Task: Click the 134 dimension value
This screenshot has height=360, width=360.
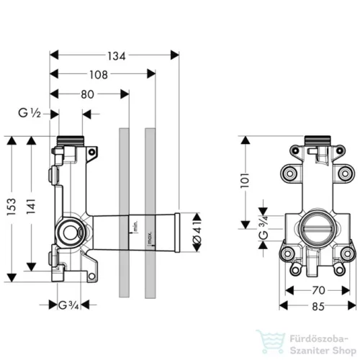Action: [117, 56]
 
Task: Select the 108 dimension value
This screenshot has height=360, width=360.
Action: [99, 75]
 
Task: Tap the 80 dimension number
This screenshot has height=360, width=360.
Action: [87, 94]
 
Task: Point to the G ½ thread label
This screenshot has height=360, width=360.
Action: [30, 113]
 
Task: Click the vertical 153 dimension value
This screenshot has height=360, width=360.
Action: [12, 207]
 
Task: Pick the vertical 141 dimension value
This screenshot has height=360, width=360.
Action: [31, 207]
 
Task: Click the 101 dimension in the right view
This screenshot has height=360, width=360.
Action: [246, 180]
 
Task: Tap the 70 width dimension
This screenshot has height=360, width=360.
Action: [318, 291]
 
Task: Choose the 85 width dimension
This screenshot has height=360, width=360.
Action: [318, 307]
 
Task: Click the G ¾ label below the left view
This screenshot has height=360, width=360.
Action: [68, 305]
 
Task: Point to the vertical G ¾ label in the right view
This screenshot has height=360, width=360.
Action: [264, 228]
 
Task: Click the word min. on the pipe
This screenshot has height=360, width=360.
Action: [135, 227]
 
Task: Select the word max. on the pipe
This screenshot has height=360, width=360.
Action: [150, 238]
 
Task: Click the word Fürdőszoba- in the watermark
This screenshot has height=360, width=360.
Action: [319, 339]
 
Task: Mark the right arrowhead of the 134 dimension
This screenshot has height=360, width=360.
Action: [175, 55]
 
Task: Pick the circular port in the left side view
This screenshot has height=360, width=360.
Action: [70, 233]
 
